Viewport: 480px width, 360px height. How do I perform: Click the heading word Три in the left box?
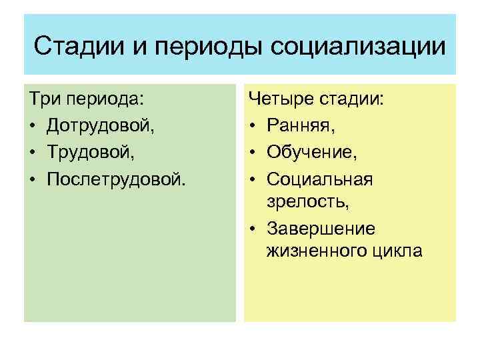click(45, 100)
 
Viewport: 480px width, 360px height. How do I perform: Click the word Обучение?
click(311, 153)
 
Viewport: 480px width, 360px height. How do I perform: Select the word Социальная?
click(319, 178)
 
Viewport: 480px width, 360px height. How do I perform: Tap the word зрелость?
click(299, 201)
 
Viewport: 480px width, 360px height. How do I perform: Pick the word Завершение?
click(321, 229)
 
